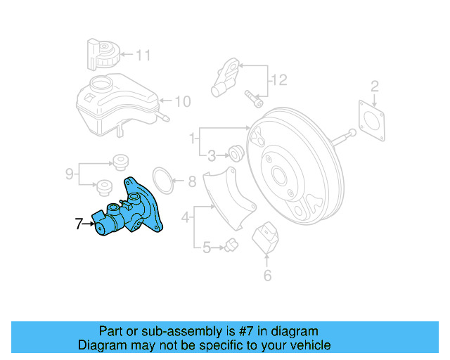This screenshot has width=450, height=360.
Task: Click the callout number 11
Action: coord(143,54)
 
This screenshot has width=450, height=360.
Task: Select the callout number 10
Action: coord(182,101)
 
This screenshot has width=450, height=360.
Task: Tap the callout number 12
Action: coord(279,81)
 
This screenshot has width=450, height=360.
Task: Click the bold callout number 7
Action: coord(79,224)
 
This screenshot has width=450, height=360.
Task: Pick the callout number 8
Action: coord(191,182)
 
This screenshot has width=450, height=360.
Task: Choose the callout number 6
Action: coord(267,276)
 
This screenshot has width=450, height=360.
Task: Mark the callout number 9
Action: coord(69,172)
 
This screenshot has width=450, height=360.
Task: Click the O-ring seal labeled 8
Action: coord(162,181)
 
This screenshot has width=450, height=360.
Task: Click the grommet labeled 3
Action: coord(236,152)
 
